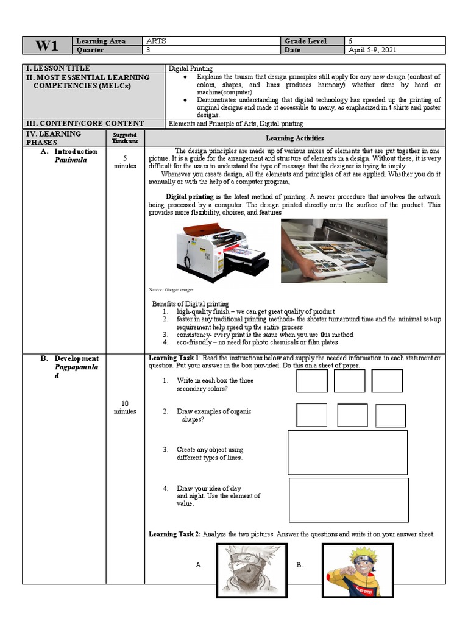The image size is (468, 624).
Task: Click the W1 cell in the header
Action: (x=46, y=46)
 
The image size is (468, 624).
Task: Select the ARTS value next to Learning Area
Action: (x=157, y=41)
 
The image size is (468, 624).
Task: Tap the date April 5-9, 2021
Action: (x=372, y=50)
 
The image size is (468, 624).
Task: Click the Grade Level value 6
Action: (x=350, y=41)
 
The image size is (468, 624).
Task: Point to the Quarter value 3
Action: (x=148, y=50)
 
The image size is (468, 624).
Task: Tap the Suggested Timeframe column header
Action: (x=125, y=137)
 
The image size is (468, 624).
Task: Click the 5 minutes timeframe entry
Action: (x=125, y=161)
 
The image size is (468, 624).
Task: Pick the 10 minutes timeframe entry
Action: (x=125, y=407)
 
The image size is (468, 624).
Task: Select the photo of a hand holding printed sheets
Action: (x=333, y=250)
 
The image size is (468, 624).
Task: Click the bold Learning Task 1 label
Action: (x=174, y=358)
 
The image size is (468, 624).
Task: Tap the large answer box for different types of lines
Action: (x=347, y=452)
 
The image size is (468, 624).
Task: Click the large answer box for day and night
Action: (x=349, y=500)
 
